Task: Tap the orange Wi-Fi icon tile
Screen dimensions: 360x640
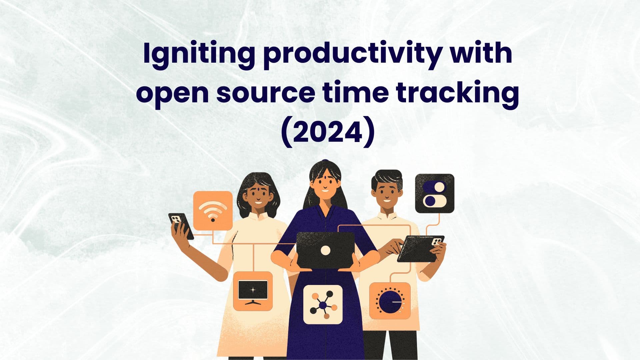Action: point(213,210)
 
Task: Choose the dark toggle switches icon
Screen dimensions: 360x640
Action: point(434,193)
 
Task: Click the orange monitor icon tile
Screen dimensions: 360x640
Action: point(253,291)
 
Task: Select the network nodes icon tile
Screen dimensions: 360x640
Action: point(323,304)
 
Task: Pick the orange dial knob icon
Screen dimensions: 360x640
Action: point(390,301)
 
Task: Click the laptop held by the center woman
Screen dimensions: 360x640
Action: point(325,250)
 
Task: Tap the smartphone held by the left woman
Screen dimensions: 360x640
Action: point(181,226)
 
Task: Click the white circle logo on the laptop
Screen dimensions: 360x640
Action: point(325,250)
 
